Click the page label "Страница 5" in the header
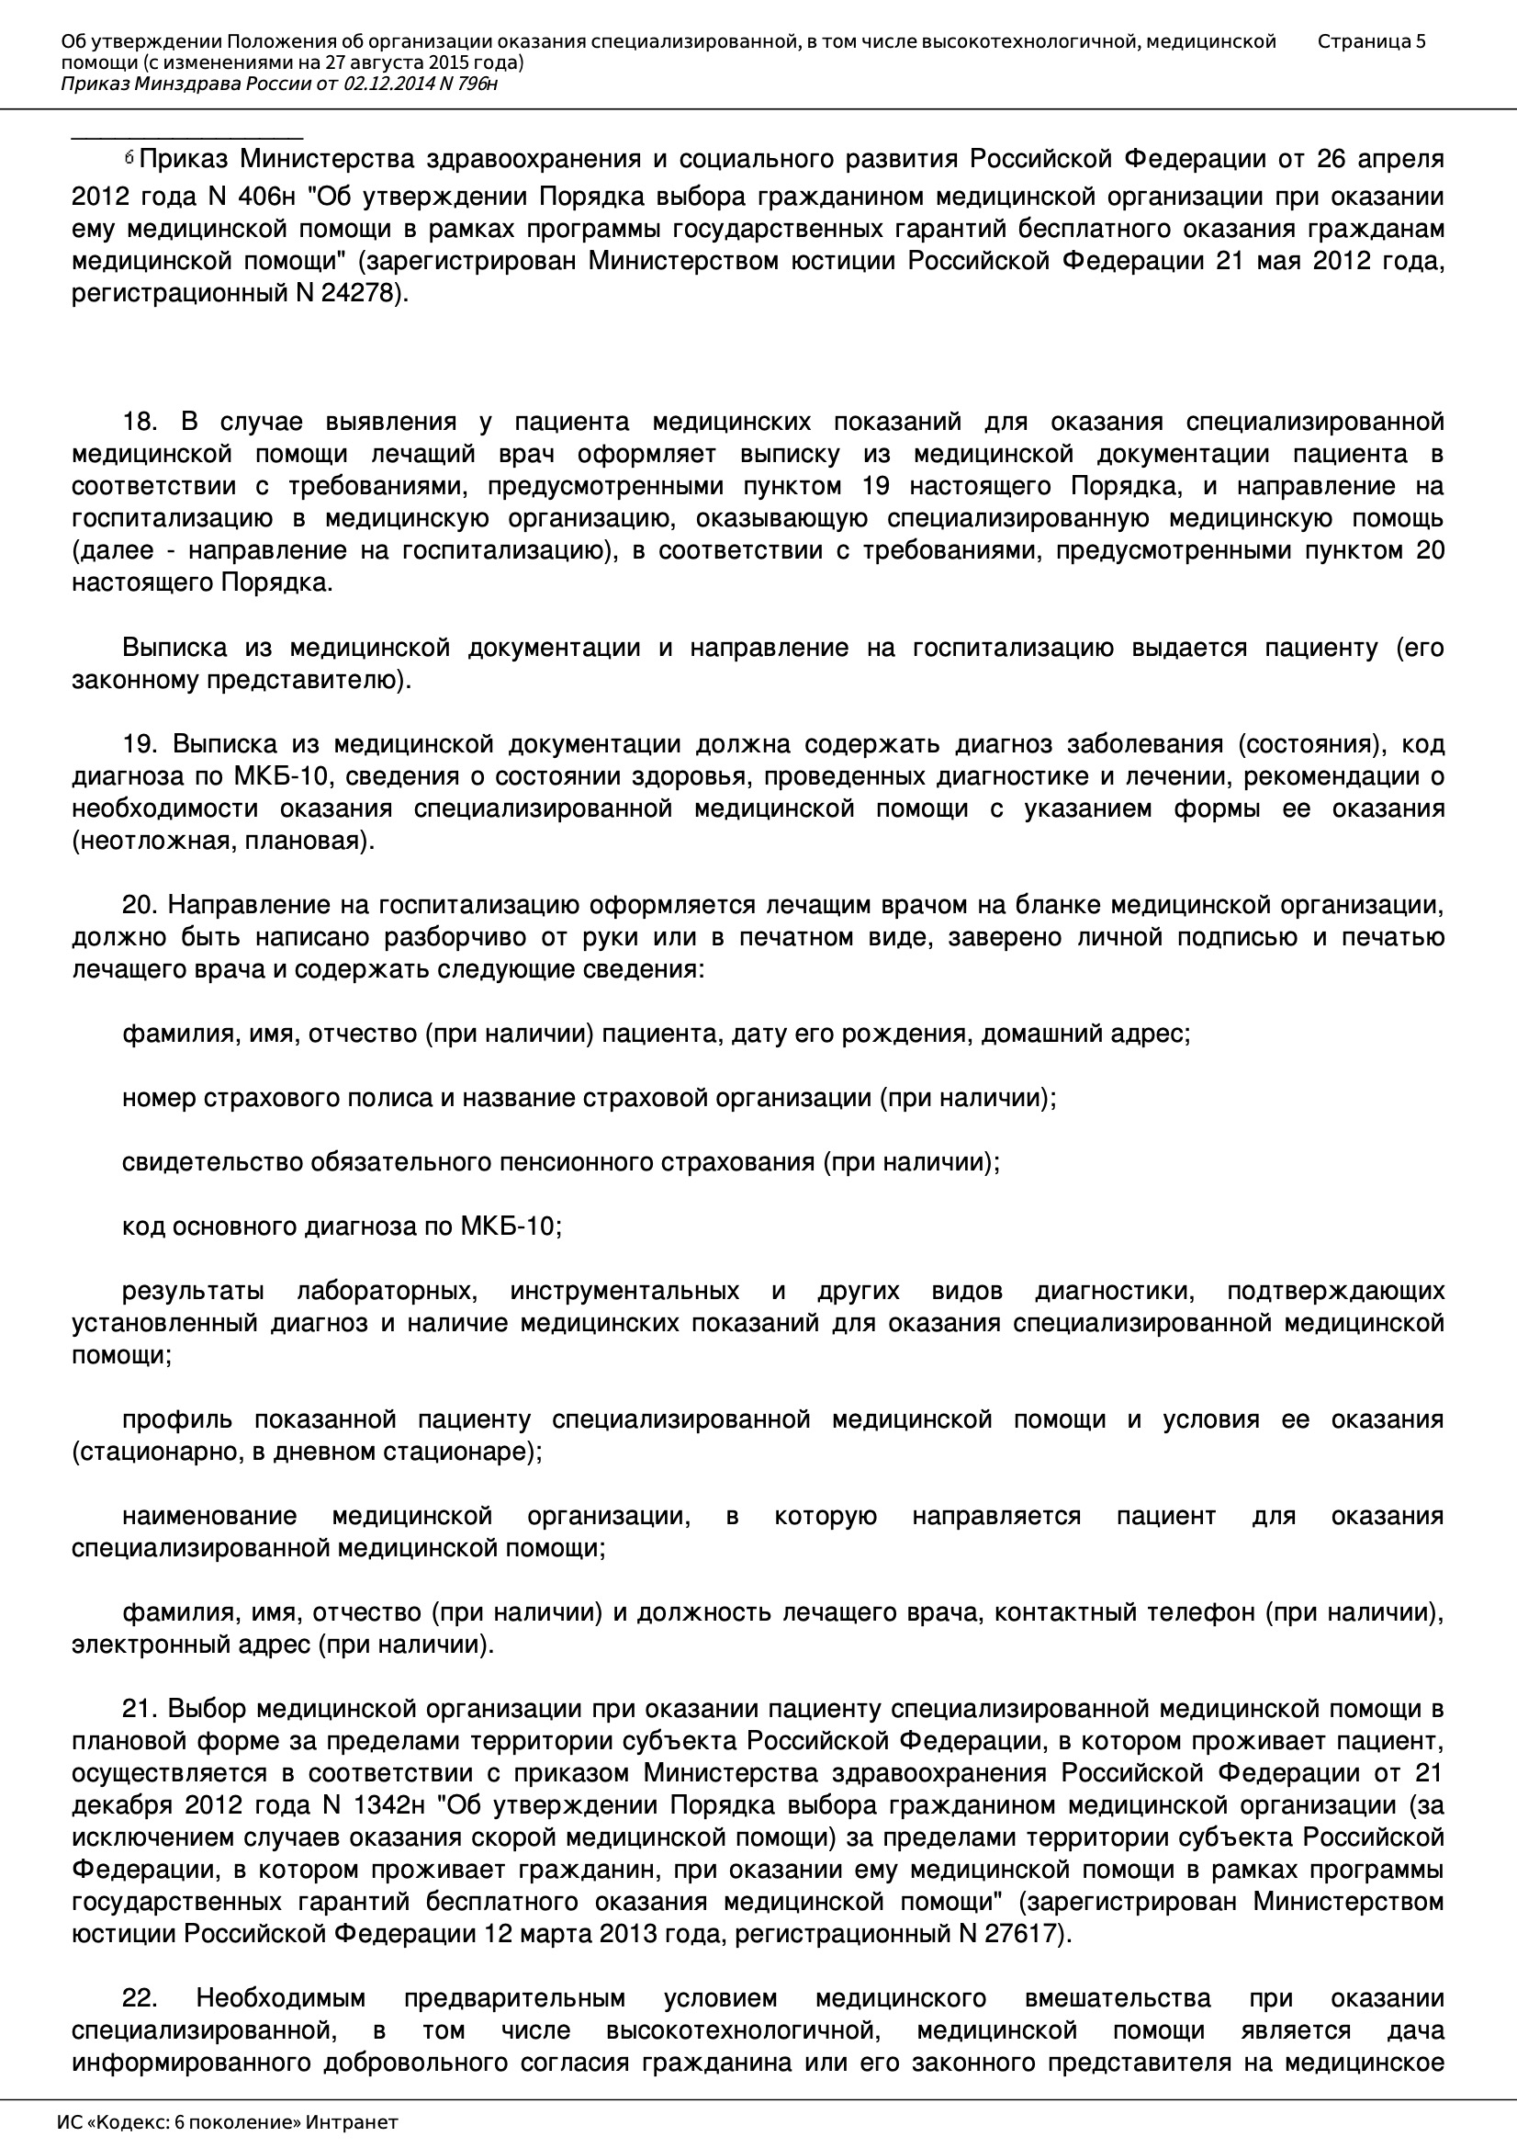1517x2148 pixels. click(1371, 41)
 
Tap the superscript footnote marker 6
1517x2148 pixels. click(129, 158)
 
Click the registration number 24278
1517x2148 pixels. click(361, 294)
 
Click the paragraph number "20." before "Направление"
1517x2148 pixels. click(140, 905)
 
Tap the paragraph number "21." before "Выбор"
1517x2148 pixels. click(140, 1709)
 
